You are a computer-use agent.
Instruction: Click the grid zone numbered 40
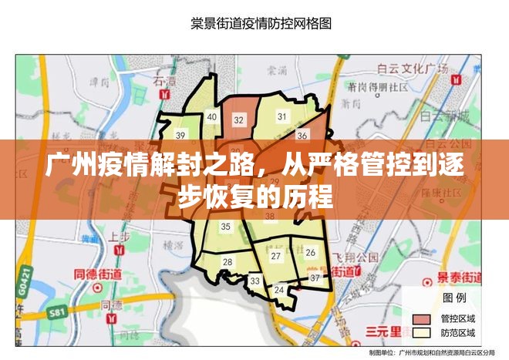coord(211,116)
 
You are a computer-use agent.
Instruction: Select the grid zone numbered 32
coord(239,119)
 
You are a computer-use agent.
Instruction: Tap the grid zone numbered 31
coord(281,116)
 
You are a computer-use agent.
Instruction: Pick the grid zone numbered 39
coord(180,135)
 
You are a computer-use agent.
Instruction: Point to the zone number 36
coord(302,136)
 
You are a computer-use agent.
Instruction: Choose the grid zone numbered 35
coord(226,227)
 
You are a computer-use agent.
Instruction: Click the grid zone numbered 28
coord(228,262)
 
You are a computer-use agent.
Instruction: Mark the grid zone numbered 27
coord(276,255)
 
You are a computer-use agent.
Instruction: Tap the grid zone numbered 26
coord(310,252)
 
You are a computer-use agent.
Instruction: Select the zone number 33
coord(254,281)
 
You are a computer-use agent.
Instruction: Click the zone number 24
coord(279,290)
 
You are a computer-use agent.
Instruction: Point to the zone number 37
coord(315,278)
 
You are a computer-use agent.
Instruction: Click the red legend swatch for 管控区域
coord(422,318)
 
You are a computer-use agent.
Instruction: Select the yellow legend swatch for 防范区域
coord(422,332)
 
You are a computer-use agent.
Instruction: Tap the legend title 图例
coord(453,298)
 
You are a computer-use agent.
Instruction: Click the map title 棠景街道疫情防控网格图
coord(261,23)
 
